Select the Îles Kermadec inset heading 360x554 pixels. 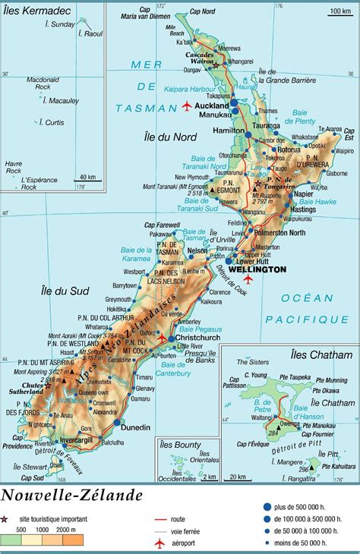pos(31,10)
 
